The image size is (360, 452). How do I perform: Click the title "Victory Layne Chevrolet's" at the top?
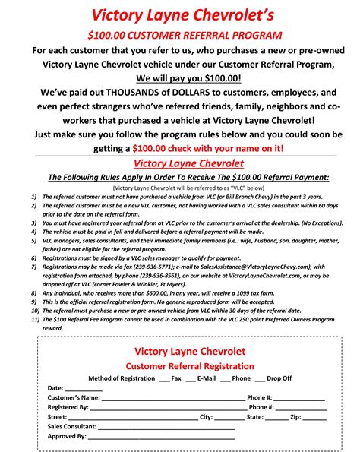(179, 16)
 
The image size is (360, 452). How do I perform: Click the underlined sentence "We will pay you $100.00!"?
(179, 78)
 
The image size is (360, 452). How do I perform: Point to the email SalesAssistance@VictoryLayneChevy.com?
(259, 267)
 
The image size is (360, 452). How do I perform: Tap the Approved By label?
(67, 436)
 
